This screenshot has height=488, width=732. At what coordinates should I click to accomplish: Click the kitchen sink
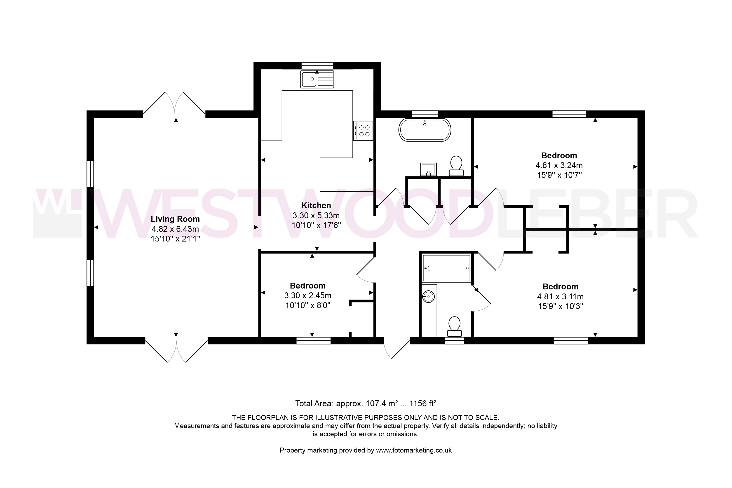tap(317, 79)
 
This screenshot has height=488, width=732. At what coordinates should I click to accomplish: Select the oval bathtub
tap(425, 130)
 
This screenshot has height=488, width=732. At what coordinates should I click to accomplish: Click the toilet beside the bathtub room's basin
tap(456, 166)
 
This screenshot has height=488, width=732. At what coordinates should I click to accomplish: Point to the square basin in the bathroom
tap(429, 169)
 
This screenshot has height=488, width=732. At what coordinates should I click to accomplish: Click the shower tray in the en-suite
tap(446, 268)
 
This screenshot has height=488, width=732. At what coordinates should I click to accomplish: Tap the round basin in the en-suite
tap(429, 297)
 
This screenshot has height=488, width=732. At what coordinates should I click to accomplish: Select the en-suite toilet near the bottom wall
tap(454, 327)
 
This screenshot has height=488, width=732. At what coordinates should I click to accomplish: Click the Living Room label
tap(175, 219)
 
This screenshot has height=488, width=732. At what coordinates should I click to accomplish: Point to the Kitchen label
tap(316, 205)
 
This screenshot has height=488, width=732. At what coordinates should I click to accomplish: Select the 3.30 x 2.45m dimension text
tap(308, 295)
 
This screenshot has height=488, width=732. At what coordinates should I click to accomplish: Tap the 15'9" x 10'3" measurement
tap(561, 306)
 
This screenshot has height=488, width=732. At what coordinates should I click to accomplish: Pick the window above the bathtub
tap(425, 114)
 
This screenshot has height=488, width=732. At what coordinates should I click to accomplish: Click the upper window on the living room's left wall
tap(90, 174)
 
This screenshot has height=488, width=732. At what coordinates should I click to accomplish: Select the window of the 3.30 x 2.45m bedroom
tap(313, 340)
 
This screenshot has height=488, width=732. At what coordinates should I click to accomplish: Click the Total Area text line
tap(366, 404)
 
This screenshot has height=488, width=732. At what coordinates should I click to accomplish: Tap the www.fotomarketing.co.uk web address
tap(414, 450)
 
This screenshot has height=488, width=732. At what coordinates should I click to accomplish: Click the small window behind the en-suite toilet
tap(454, 340)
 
